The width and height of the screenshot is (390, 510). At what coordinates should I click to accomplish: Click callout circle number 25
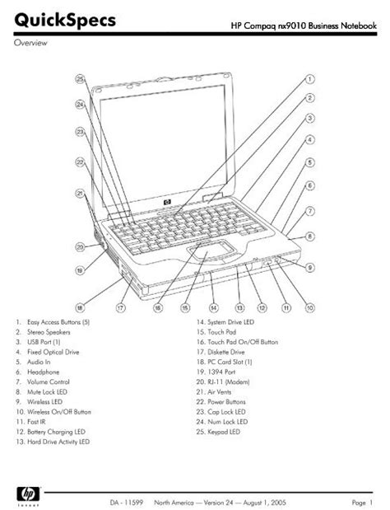point(80,79)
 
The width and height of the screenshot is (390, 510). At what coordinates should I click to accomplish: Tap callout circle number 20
point(80,245)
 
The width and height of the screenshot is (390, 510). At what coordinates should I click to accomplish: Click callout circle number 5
point(310,163)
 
